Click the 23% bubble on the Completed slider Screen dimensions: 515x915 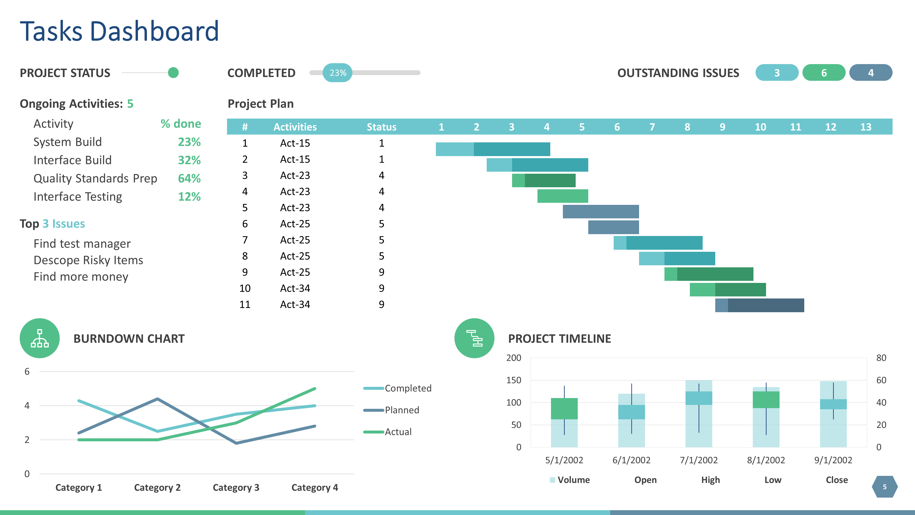coord(337,73)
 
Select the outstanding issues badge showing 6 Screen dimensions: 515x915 coord(824,73)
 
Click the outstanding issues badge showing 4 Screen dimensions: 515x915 coord(871,73)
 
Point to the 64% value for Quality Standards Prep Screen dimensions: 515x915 coord(189,179)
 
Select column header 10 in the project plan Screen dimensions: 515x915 coord(760,127)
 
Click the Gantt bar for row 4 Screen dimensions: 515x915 coord(563,196)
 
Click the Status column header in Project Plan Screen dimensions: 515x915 coord(381,127)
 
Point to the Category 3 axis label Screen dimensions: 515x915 coord(236,488)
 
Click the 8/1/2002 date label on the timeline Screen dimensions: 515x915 coord(766,460)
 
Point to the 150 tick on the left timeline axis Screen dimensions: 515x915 coord(514,380)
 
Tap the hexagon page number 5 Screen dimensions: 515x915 coord(884,487)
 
